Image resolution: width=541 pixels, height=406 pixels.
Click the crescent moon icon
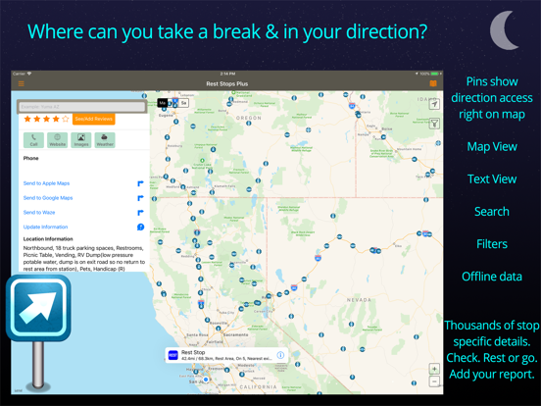(505, 30)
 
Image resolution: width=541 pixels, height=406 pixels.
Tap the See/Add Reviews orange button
(94, 119)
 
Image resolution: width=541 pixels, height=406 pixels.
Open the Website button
(58, 140)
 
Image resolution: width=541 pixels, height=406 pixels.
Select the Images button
(81, 140)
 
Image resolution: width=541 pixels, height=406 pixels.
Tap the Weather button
(105, 140)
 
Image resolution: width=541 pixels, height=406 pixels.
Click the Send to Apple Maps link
(48, 183)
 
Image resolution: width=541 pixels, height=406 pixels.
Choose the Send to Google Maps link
(49, 198)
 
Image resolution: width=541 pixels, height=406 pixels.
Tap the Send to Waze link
(39, 212)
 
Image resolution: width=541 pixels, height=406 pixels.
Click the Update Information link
(45, 227)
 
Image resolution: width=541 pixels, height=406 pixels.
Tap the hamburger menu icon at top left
(21, 84)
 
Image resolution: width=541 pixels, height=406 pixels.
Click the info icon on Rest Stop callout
(280, 355)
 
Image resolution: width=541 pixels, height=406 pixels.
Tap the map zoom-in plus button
(434, 370)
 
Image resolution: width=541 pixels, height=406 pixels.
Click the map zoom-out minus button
(434, 382)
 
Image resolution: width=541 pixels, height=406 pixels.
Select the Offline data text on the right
(491, 277)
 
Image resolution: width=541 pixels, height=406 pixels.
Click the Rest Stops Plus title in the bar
(226, 84)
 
